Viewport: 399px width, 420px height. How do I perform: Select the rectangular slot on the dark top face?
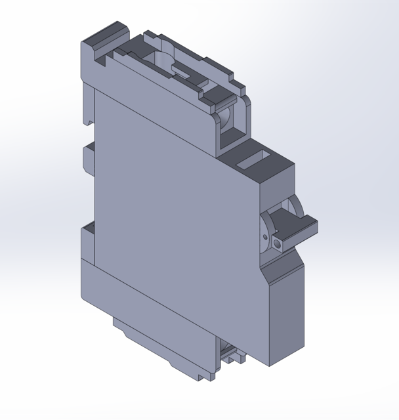(254, 161)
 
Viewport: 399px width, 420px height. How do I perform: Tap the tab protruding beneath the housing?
(164, 348)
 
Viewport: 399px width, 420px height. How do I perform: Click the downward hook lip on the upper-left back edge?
(85, 112)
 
